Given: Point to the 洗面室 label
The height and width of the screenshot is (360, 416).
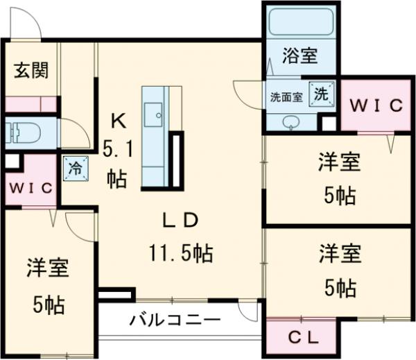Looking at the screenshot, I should click(x=286, y=97).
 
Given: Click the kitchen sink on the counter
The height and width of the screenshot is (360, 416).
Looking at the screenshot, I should click(x=152, y=112).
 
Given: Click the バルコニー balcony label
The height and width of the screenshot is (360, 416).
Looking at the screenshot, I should click(x=175, y=320).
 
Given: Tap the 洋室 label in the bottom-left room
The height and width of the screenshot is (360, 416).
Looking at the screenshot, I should click(x=49, y=268).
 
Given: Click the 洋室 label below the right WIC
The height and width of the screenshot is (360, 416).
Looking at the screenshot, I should click(x=340, y=164).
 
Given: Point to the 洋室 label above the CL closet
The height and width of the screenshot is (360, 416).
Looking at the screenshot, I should click(x=340, y=253).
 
